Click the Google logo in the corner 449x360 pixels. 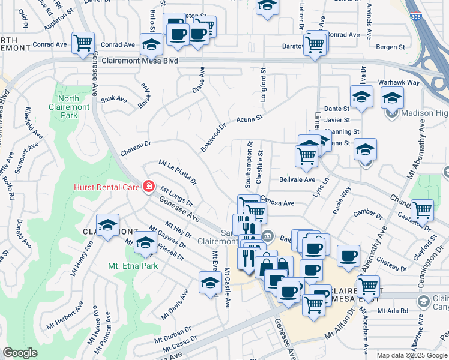[20, 353]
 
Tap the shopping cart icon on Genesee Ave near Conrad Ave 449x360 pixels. [82, 43]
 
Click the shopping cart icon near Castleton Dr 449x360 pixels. [422, 210]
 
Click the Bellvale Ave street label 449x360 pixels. [297, 179]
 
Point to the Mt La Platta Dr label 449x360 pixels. [178, 172]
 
